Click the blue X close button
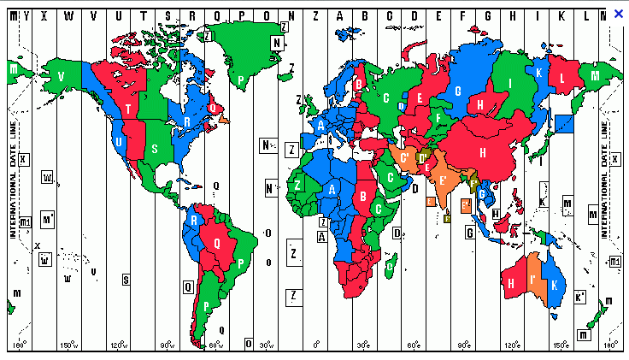coord(619,13)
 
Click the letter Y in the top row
coord(28,14)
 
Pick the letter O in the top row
coord(267,14)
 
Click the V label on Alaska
coord(61,76)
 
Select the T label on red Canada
coord(128,109)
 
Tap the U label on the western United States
coord(118,142)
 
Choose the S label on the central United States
coord(155,148)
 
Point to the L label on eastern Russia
coord(561,79)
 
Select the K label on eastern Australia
coord(556,284)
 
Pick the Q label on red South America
coord(217,242)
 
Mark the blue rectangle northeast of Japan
coord(563,122)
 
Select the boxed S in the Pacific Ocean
coord(126,279)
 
